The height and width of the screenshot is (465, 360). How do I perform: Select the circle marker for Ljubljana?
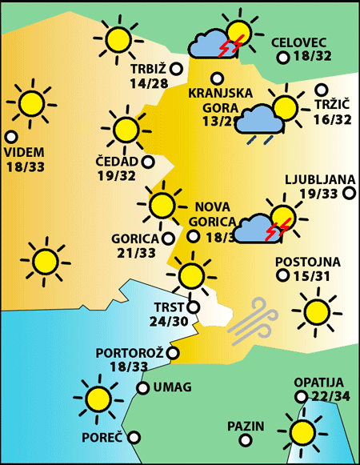point(349,193)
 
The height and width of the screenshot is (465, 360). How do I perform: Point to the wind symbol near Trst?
point(252,320)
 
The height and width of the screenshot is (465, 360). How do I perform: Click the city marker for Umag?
point(142,388)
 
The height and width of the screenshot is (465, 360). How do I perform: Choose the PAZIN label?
point(245,426)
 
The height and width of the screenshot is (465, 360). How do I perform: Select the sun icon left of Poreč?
point(98,398)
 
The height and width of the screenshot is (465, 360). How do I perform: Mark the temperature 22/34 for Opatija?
point(318,398)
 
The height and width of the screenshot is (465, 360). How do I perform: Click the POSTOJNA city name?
point(307,262)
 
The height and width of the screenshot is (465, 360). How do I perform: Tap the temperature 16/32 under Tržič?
point(333,119)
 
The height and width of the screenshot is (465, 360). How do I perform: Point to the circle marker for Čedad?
point(148,162)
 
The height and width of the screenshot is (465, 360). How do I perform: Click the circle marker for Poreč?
point(134,438)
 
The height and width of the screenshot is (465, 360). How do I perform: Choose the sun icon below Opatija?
point(303,432)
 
